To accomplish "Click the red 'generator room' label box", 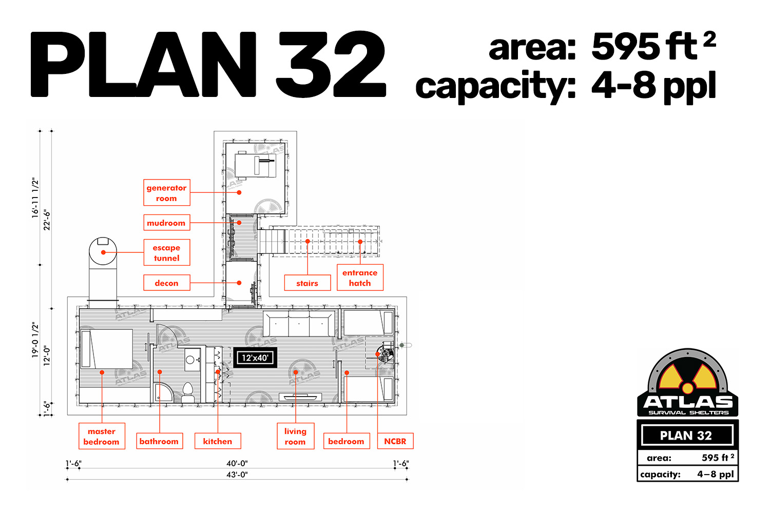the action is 167,192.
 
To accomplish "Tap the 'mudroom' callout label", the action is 167,223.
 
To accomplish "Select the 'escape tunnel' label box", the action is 167,252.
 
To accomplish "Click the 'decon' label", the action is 167,283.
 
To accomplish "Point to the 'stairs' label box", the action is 307,283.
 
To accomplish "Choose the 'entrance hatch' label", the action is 360,278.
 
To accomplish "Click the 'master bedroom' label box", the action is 102,436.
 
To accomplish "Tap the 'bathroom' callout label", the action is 160,441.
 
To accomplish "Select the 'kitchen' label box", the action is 218,441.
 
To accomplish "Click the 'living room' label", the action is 296,436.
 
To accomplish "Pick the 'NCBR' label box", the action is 395,441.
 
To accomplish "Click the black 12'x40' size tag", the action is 255,358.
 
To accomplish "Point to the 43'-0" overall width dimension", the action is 237,475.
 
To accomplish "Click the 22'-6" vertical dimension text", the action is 47,220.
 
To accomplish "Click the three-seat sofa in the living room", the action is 299,323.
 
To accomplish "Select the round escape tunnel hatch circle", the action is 103,251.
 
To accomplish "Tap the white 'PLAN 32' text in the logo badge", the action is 686,436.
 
